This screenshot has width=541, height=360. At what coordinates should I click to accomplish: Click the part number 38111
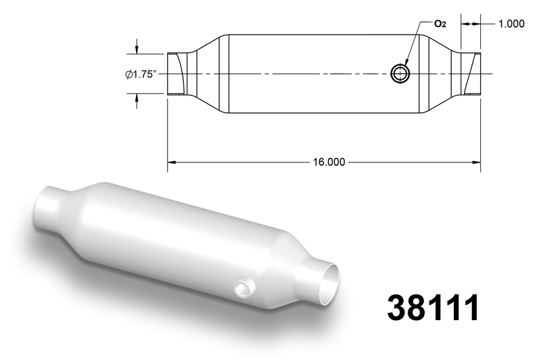433,307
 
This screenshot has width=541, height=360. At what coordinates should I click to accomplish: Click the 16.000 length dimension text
329,162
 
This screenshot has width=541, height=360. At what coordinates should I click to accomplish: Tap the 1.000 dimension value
511,24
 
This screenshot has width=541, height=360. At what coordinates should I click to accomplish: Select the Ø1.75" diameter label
141,74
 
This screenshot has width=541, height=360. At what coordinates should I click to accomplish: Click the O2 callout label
440,24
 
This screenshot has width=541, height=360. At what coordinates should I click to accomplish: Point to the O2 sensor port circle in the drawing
400,73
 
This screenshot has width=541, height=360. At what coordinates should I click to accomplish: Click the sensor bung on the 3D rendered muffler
244,287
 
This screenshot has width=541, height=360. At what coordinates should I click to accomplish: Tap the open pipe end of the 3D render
328,284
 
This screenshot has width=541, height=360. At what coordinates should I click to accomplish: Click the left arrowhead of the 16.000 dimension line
172,162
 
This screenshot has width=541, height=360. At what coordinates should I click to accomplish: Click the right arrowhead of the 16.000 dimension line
476,162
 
